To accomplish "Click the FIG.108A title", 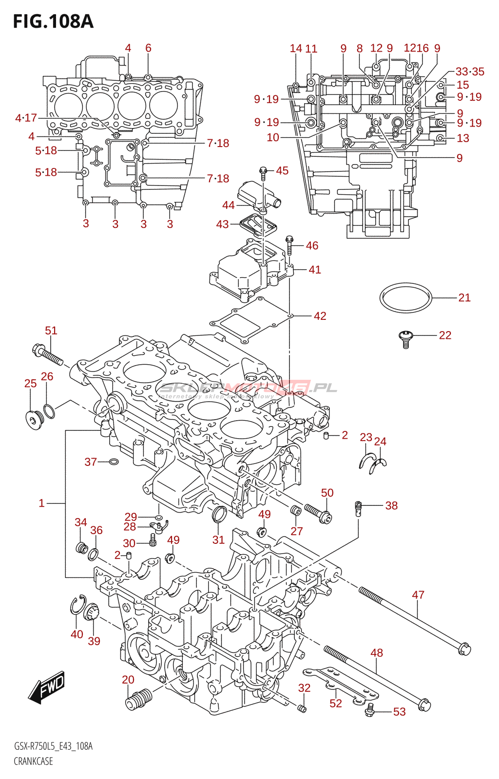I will pos(53,21).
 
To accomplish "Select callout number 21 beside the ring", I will pos(464,297).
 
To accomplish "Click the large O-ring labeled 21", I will pos(405,297).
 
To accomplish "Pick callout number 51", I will pos(51,331).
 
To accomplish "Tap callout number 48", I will pos(377,653).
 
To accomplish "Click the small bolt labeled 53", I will pos(370,710).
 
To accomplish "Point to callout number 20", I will pos(128,680).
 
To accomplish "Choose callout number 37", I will pos(91,462).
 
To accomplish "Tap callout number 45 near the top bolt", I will pos(282,171).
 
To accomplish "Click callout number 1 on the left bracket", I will pos(42,503).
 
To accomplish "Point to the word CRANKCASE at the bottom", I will pos(33,761).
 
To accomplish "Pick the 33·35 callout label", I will pos(470,72).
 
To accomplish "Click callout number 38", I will pos(391,505).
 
